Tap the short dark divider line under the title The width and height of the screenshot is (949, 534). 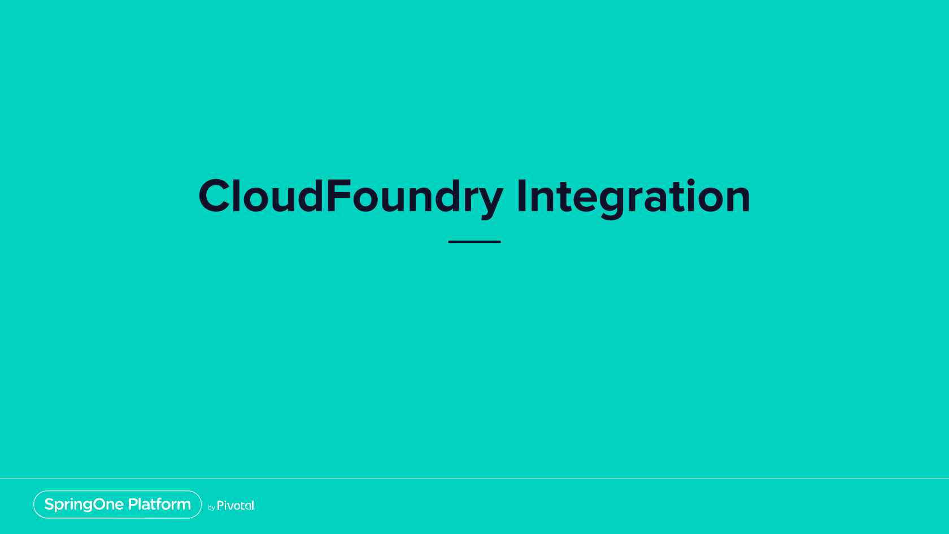tap(474, 242)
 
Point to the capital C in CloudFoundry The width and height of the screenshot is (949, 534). tap(214, 196)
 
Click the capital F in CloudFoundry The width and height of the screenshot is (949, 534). tap(339, 196)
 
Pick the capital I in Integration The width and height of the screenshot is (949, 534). tap(521, 196)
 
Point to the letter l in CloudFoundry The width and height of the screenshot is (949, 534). tap(236, 195)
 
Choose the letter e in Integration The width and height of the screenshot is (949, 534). tap(582, 200)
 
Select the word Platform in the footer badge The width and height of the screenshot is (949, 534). tap(159, 504)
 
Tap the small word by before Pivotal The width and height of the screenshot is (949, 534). tap(211, 507)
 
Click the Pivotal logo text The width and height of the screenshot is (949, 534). tap(236, 505)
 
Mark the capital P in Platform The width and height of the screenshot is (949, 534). tap(133, 504)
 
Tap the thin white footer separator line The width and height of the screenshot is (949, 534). tap(474, 479)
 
